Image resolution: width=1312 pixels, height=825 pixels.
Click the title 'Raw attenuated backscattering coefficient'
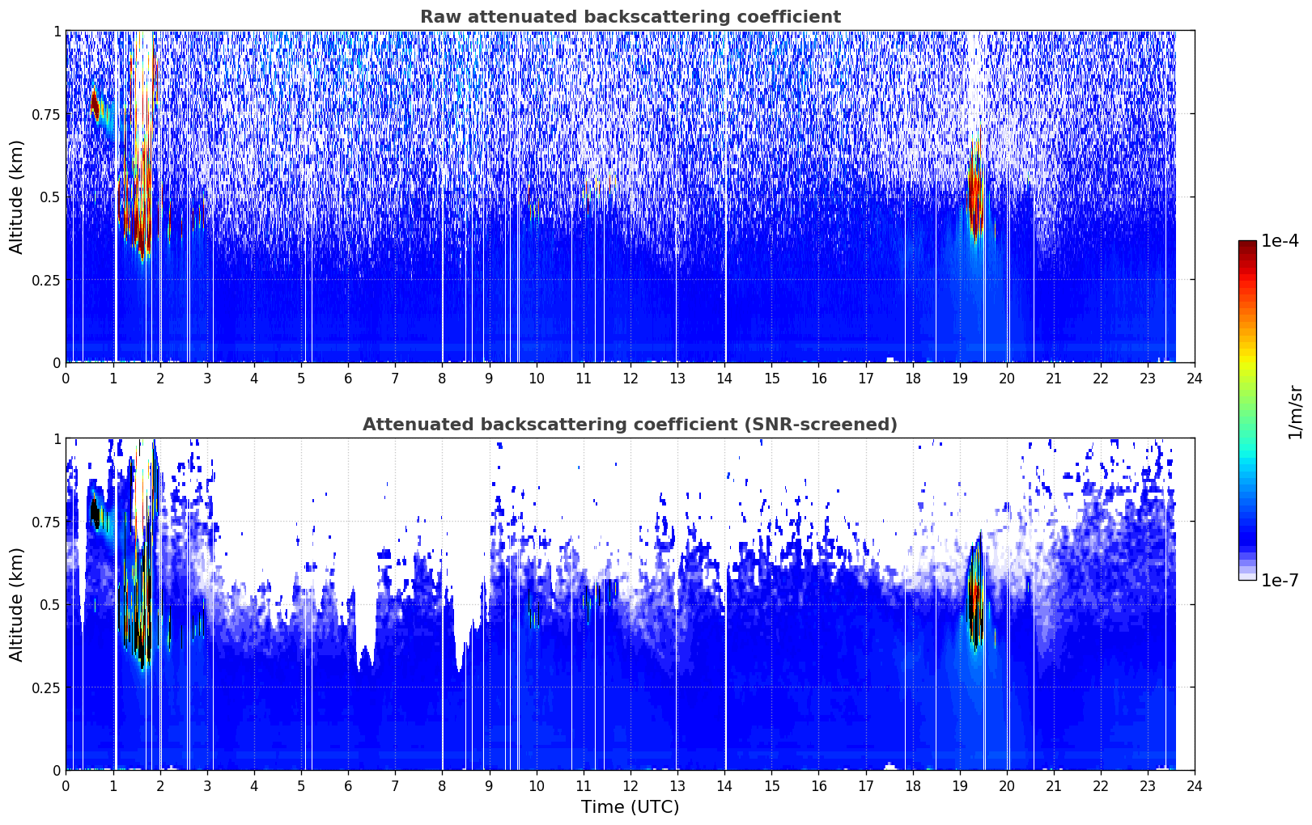(631, 17)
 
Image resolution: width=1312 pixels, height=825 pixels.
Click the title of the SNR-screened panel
(631, 424)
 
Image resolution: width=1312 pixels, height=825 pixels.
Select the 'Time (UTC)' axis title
(631, 807)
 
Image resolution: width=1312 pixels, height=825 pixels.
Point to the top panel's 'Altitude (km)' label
(16, 197)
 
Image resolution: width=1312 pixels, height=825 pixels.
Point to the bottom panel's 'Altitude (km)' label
(16, 605)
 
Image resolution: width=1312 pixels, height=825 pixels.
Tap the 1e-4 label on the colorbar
(1280, 241)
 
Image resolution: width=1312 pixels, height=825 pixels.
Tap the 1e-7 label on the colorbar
(1280, 581)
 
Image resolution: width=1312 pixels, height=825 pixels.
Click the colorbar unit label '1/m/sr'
(1295, 412)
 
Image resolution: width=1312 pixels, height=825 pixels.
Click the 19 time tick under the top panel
(960, 379)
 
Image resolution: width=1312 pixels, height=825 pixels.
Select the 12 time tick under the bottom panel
(631, 786)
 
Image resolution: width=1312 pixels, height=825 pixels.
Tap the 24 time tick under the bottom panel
(1195, 786)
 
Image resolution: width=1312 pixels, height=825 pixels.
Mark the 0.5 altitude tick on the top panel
(50, 197)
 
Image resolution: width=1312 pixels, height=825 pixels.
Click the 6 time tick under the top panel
(348, 379)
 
